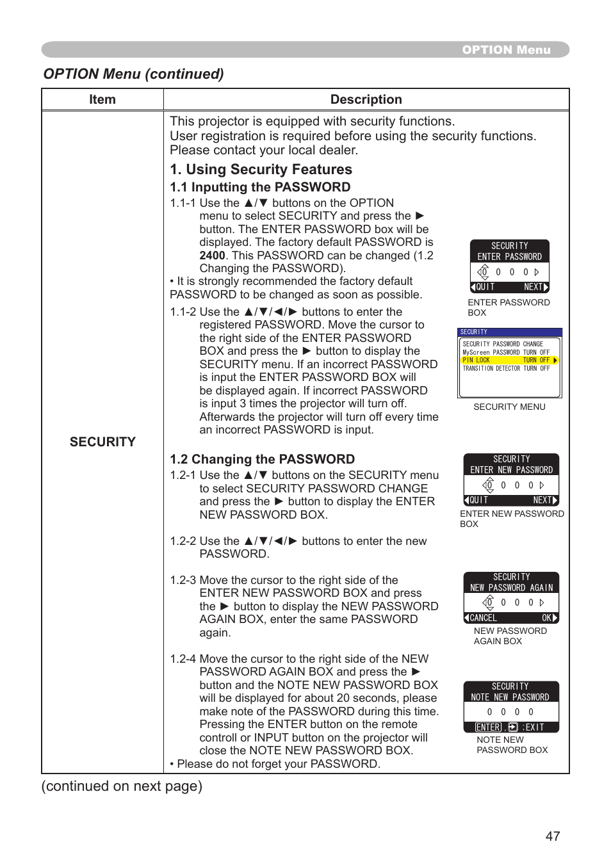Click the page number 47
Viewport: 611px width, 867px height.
[553, 836]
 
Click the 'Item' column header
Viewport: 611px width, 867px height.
[102, 99]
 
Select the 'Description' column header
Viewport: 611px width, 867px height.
[366, 99]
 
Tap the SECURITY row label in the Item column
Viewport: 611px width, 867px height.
[102, 442]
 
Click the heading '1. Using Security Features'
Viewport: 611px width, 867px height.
[261, 169]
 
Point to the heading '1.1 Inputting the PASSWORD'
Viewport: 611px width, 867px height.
[260, 187]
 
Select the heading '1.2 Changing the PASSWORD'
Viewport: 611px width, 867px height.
[262, 459]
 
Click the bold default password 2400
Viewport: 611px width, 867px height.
[212, 255]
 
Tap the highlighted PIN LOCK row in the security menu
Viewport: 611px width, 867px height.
[509, 361]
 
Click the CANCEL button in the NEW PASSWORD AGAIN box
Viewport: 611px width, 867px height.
[481, 618]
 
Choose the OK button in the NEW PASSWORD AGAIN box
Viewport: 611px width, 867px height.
[549, 618]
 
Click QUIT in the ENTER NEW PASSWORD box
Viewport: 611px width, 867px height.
[477, 500]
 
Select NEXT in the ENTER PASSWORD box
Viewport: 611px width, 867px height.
[535, 287]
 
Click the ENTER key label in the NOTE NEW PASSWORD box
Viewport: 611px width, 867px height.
[489, 727]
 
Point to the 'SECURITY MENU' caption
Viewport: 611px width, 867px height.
[509, 407]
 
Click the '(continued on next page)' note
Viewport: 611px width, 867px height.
[122, 786]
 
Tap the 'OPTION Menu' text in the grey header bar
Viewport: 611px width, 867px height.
[506, 50]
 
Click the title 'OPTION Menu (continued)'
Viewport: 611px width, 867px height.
[133, 74]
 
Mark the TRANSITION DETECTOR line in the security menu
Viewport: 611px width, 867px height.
[506, 369]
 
